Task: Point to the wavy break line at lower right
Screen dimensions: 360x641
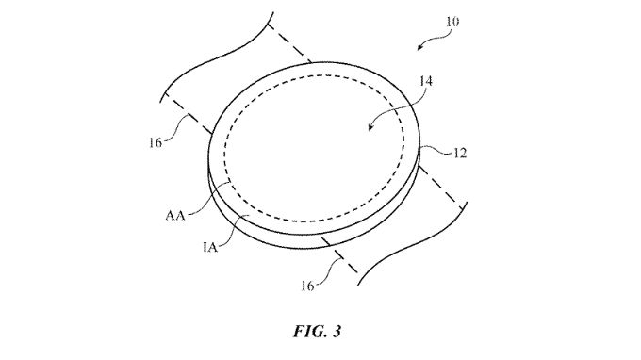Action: click(415, 255)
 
